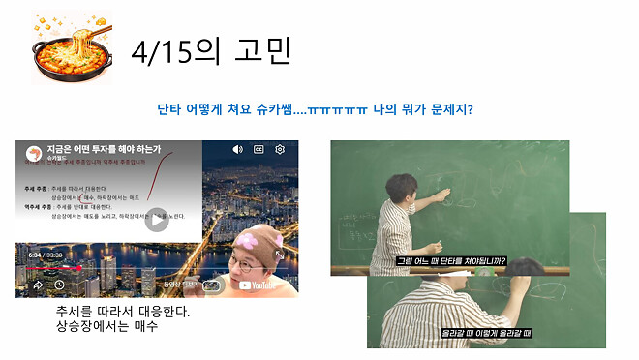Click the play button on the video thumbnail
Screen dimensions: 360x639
click(157, 220)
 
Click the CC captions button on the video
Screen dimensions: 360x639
click(259, 149)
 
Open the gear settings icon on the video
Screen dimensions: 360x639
click(280, 149)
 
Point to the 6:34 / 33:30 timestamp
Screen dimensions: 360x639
click(45, 255)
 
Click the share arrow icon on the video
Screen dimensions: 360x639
click(39, 285)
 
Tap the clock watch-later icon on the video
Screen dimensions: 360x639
click(60, 285)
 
